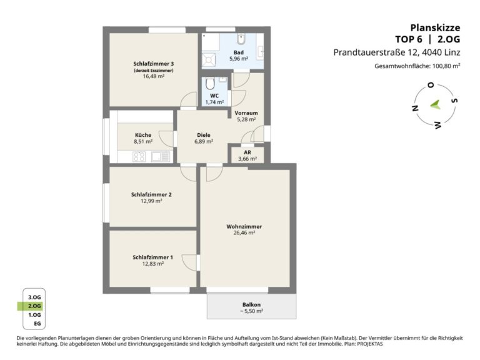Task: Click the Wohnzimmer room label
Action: point(244,226)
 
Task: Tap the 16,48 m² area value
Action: point(153,76)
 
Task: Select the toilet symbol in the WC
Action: point(210,84)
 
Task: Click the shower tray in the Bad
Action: point(209,59)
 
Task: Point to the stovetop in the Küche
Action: point(139,156)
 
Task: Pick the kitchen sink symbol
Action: point(161,156)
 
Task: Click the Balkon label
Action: point(251,304)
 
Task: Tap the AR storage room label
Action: point(247,152)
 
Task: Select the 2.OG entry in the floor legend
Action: point(34,306)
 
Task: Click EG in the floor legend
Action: point(37,324)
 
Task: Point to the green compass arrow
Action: point(435,105)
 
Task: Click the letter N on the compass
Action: point(415,108)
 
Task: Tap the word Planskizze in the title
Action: point(435,27)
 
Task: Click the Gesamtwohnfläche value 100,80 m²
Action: point(446,66)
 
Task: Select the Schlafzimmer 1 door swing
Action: point(189,262)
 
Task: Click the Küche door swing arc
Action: point(166,139)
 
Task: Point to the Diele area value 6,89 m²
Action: point(204,141)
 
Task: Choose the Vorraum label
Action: point(246,113)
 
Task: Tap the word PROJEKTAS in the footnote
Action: point(370,344)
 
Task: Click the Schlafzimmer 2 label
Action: point(151,195)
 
